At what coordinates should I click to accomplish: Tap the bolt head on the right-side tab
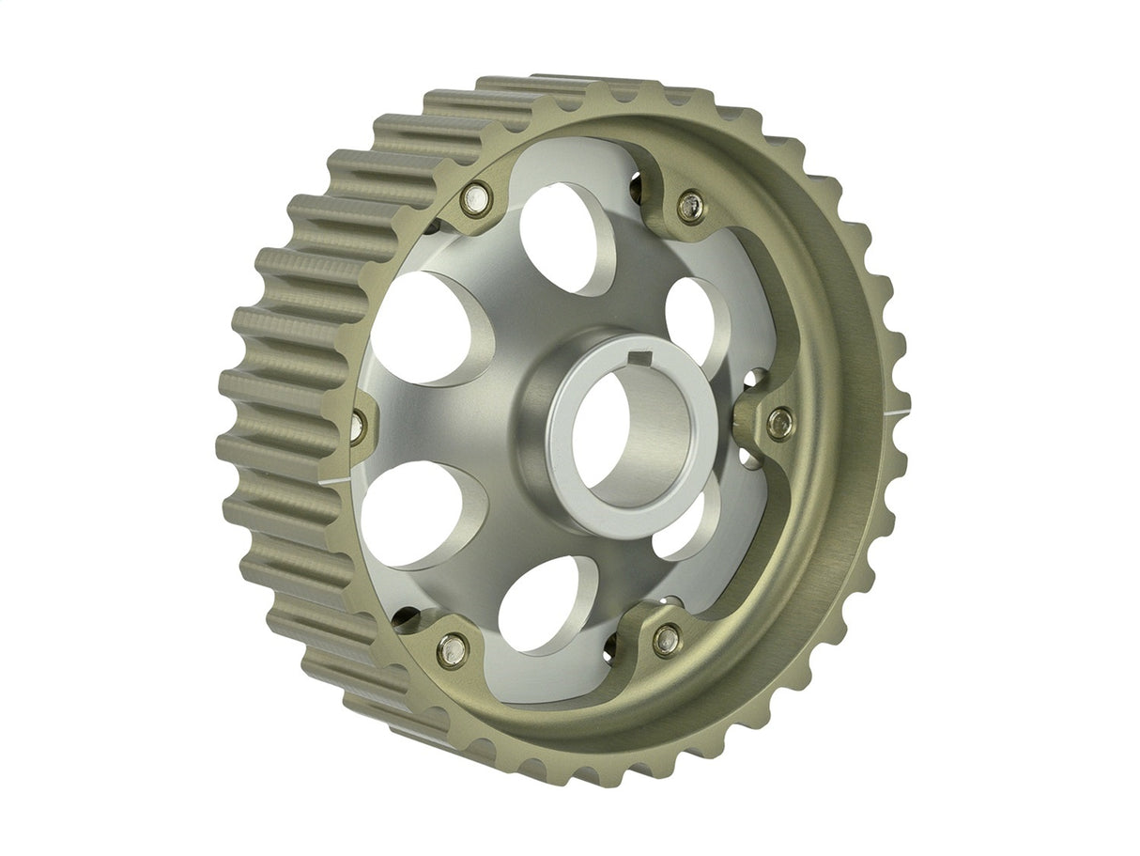(x=779, y=422)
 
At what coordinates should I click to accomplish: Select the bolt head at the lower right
(x=667, y=640)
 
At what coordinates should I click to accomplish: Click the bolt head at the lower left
(x=453, y=647)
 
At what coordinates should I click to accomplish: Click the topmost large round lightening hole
(x=563, y=235)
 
